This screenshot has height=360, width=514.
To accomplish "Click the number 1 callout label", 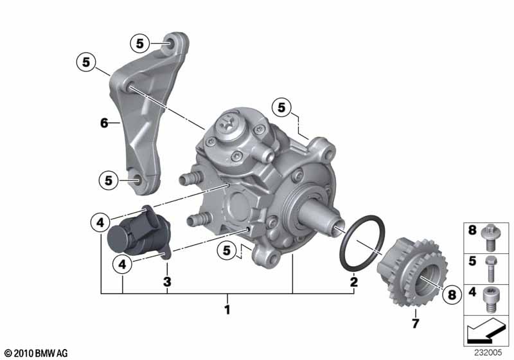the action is pyautogui.click(x=227, y=310).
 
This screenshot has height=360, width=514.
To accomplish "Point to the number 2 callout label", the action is pyautogui.click(x=354, y=282).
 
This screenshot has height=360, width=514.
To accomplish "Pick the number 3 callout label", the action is pyautogui.click(x=167, y=282).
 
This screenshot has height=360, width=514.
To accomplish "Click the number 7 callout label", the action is pyautogui.click(x=415, y=323).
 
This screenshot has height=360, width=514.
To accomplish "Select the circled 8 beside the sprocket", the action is pyautogui.click(x=452, y=294).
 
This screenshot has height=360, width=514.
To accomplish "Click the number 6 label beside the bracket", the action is pyautogui.click(x=104, y=123).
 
